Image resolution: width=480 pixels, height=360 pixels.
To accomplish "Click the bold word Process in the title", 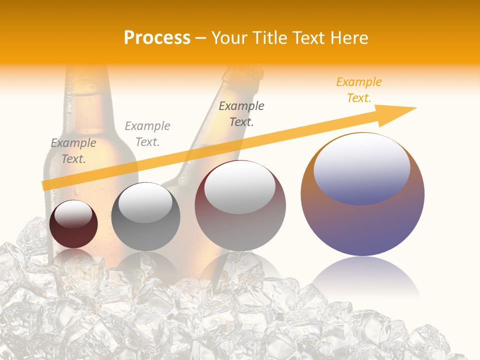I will tap(157, 37).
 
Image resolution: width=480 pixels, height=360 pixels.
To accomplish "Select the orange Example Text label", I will tap(359, 90).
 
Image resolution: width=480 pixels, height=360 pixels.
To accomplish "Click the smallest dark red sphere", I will tap(73, 224).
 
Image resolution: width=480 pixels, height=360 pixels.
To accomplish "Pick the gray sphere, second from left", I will tap(145, 216).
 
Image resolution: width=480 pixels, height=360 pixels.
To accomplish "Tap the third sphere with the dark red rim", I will tap(240, 206).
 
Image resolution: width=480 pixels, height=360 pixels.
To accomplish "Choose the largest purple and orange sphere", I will tap(362, 195).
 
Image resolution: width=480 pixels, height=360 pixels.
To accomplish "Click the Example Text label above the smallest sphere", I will tap(73, 151).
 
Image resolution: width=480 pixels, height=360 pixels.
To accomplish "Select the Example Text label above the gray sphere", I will tap(147, 134).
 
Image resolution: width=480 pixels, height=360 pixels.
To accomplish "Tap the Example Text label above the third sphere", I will tap(241, 113).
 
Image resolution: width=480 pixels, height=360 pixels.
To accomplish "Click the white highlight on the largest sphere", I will tap(361, 168).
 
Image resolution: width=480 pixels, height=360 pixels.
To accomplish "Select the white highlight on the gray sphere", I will tap(145, 202).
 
